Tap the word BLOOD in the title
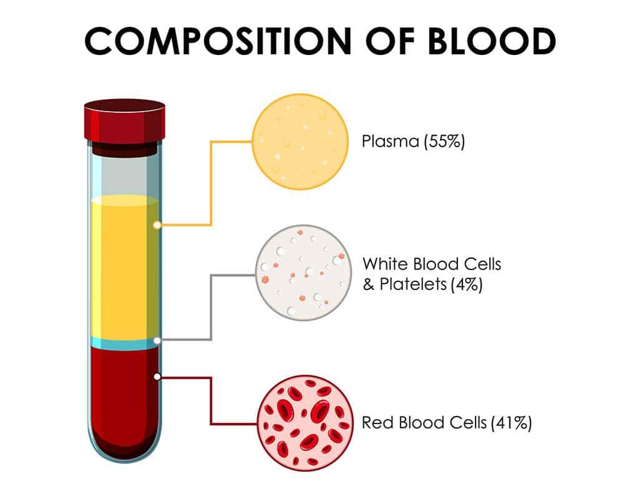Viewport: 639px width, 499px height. tap(491, 41)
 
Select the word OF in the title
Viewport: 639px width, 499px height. tap(390, 41)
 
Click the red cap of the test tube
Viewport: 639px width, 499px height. tap(125, 121)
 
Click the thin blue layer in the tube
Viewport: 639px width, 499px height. tap(124, 343)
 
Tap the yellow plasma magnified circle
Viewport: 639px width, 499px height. tap(300, 142)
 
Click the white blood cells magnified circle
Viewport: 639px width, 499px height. tap(303, 273)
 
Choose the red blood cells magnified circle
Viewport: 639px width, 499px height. tap(305, 423)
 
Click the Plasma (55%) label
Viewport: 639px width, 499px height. tap(413, 142)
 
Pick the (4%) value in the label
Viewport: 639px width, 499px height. tap(467, 284)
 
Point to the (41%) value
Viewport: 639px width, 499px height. tap(512, 423)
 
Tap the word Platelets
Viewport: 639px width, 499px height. tap(413, 284)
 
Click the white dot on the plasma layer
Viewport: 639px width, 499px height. tap(157, 225)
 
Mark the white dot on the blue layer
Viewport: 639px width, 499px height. tap(157, 340)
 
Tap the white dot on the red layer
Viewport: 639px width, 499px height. tap(157, 377)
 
